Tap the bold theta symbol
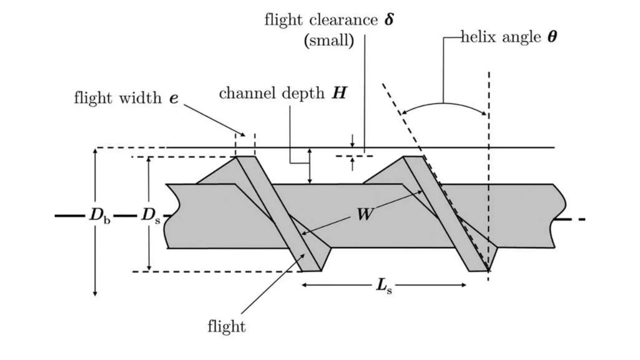tap(552, 37)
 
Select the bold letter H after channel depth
tap(339, 93)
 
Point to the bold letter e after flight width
tap(174, 98)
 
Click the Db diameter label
tap(100, 216)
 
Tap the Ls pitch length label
tap(384, 286)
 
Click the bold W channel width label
tap(365, 214)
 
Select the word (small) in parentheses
tap(329, 40)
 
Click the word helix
tap(479, 37)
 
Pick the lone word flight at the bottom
tap(227, 326)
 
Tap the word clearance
tap(344, 20)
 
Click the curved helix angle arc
tap(444, 103)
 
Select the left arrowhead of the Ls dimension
tap(304, 285)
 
